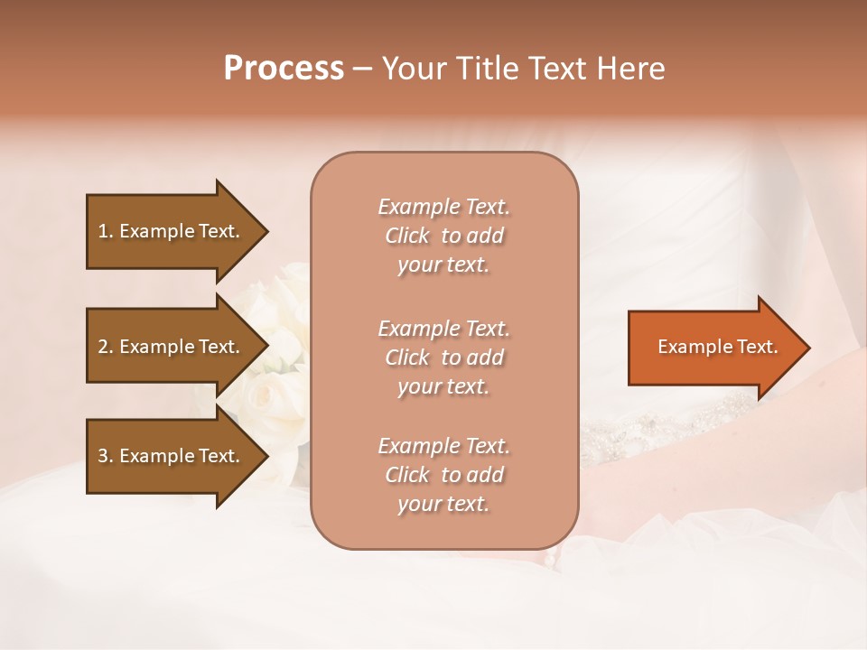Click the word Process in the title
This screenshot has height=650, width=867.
point(284,69)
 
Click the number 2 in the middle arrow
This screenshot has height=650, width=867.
point(103,347)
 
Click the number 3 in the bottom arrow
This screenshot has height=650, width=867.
point(103,456)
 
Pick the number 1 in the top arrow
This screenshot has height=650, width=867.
point(102,231)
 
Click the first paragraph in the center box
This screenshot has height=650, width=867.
point(443,236)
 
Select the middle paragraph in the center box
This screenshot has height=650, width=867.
point(443,357)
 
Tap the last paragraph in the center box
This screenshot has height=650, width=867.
point(443,475)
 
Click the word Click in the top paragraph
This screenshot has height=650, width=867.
point(406,236)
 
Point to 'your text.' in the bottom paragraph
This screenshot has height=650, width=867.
point(443,504)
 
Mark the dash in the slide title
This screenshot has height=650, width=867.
point(362,70)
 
